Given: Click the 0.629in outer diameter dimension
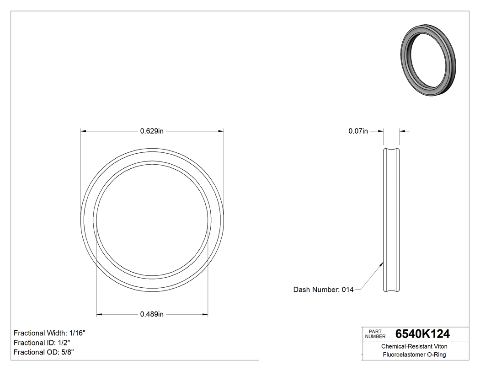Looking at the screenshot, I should click(152, 131).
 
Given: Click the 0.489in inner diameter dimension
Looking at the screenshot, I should click(152, 314).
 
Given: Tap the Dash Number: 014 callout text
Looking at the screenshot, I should click(323, 290).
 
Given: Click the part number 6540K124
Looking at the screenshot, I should click(422, 333).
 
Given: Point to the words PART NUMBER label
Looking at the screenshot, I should click(375, 333).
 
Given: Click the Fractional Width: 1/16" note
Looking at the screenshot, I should click(49, 333).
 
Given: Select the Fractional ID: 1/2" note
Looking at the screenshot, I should click(42, 343).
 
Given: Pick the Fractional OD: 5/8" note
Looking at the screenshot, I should click(43, 352).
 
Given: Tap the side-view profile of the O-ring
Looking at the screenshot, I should click(391, 220).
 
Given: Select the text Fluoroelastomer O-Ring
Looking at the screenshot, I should click(414, 355).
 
